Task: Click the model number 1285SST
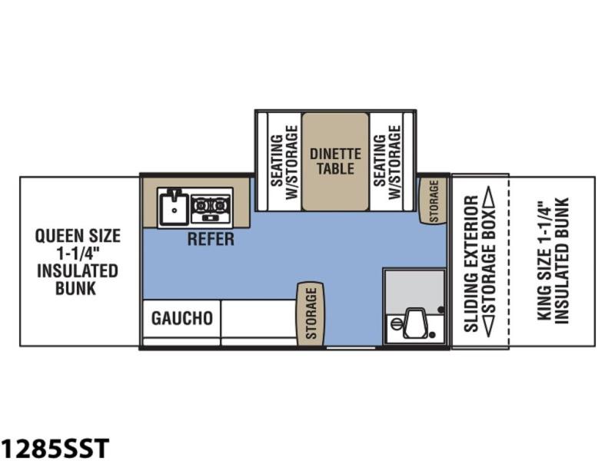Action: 55,448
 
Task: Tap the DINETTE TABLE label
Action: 335,161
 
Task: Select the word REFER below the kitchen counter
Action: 211,239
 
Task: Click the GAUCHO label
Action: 182,318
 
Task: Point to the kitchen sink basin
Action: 174,208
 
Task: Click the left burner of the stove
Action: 201,204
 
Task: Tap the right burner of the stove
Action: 220,204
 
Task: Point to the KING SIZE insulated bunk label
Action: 553,261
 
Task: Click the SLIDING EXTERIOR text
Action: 471,264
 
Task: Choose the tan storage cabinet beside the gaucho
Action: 311,313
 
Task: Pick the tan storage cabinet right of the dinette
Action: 434,201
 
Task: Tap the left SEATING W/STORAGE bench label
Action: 285,162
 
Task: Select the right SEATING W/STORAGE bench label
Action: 388,162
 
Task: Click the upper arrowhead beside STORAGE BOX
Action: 489,194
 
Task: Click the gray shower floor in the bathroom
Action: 414,289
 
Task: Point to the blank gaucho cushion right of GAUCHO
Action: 259,318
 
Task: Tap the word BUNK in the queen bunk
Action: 75,289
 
